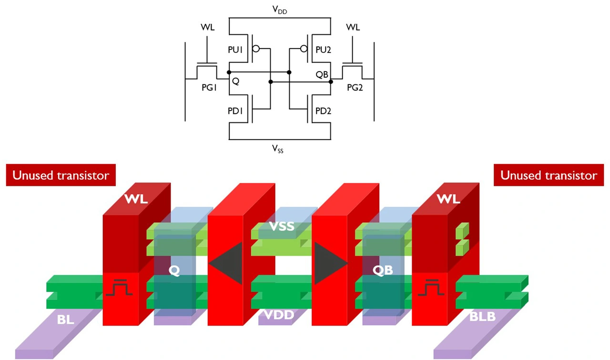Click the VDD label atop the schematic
coord(280,10)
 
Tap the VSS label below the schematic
coord(278,149)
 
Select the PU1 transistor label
coord(235,50)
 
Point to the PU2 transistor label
coord(323,50)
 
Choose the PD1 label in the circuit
coord(235,111)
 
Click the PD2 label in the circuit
coord(323,111)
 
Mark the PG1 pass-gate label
coord(209,87)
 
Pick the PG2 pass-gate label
coord(355,87)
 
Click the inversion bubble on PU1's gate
coord(256,49)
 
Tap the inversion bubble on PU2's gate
coord(304,49)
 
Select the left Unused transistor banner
coord(61,175)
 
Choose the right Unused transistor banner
coord(549,175)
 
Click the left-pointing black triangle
coord(225,263)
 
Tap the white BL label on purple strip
coord(65,319)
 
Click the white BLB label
coord(482,317)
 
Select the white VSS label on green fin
coord(282,226)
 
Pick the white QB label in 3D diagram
coord(383,270)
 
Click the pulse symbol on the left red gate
coord(119,288)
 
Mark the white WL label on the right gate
coord(448,199)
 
